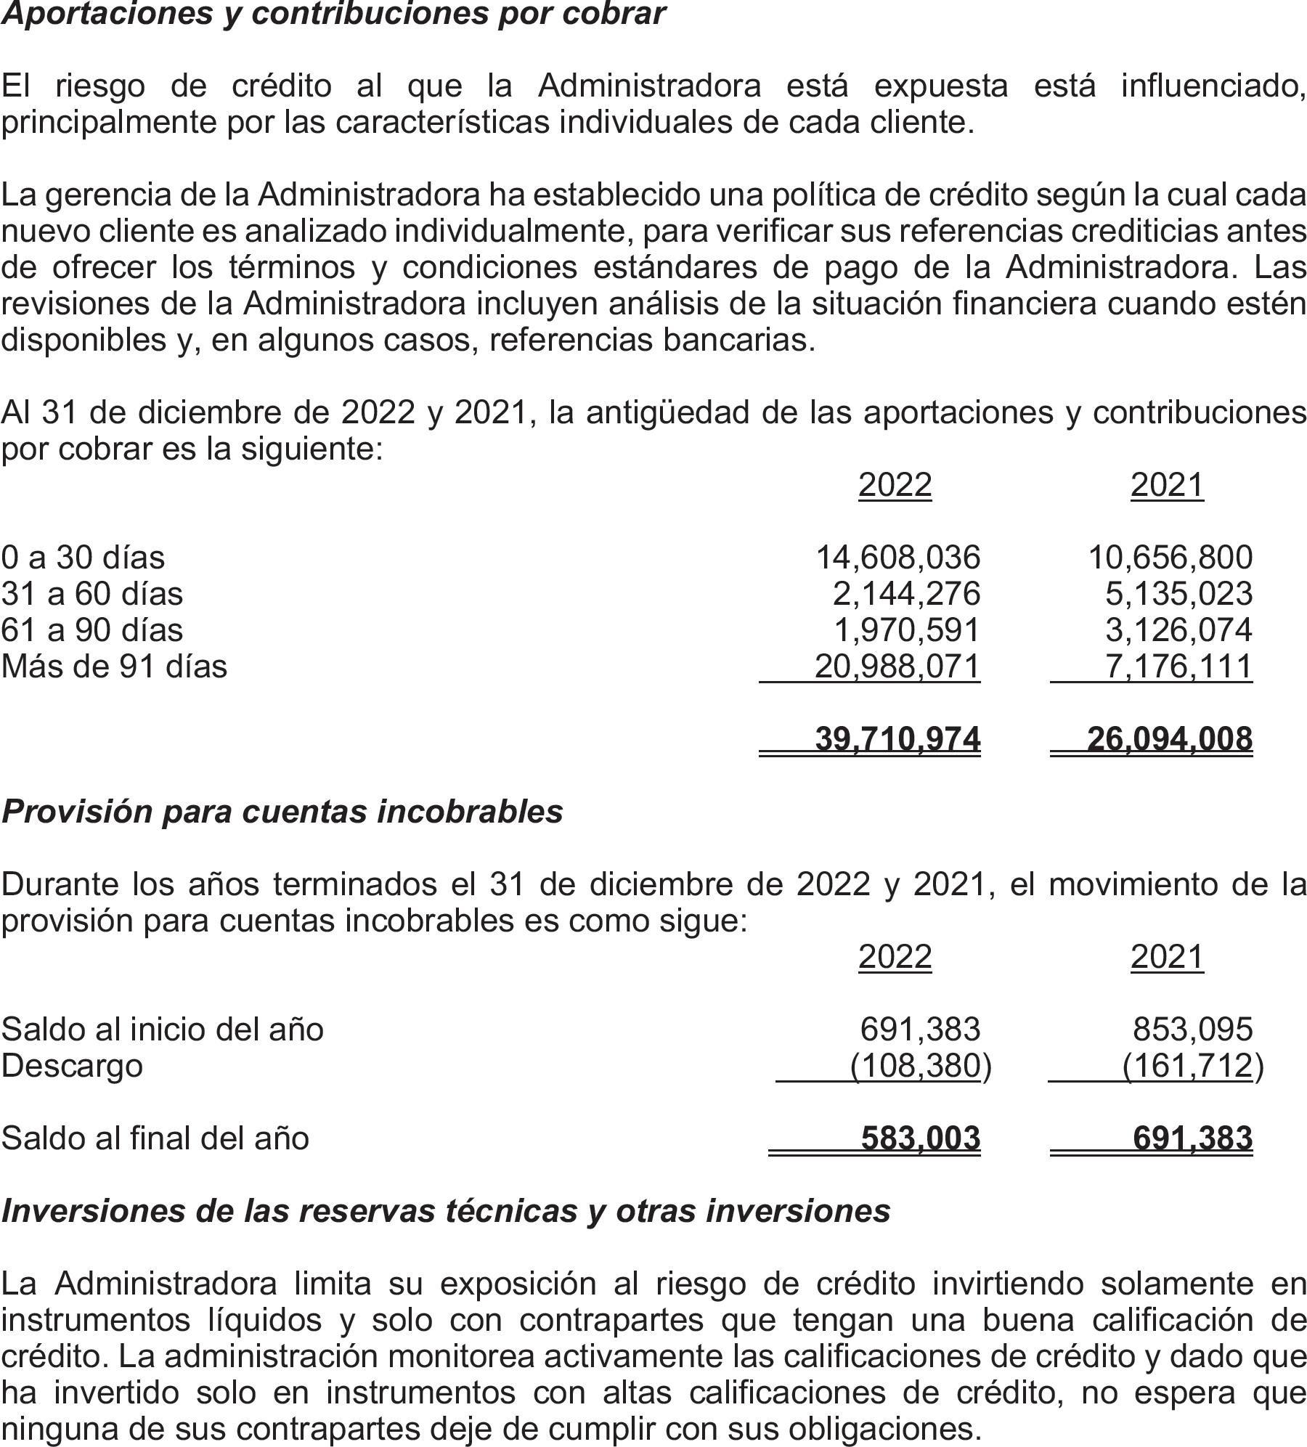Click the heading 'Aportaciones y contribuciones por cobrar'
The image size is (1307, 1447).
click(333, 15)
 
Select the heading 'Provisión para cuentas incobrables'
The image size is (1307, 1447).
click(282, 812)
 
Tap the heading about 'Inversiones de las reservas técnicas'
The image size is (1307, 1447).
click(446, 1210)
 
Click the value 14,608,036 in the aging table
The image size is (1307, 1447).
click(898, 558)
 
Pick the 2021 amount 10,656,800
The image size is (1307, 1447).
click(1170, 558)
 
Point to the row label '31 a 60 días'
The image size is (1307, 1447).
click(92, 594)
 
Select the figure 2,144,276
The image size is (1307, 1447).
click(906, 594)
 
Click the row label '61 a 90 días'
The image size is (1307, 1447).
click(92, 630)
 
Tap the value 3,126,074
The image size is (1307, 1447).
click(1178, 630)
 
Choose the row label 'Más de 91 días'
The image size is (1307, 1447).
click(114, 667)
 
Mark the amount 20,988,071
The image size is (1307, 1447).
click(897, 667)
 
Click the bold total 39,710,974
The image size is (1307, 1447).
click(897, 739)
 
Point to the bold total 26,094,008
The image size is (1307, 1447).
click(1170, 739)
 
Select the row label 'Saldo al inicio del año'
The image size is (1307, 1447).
click(163, 1030)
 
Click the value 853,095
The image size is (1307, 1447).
click(1192, 1030)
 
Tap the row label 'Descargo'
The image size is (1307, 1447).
click(72, 1066)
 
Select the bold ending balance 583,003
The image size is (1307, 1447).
click(921, 1138)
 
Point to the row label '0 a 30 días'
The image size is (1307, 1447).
click(83, 558)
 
